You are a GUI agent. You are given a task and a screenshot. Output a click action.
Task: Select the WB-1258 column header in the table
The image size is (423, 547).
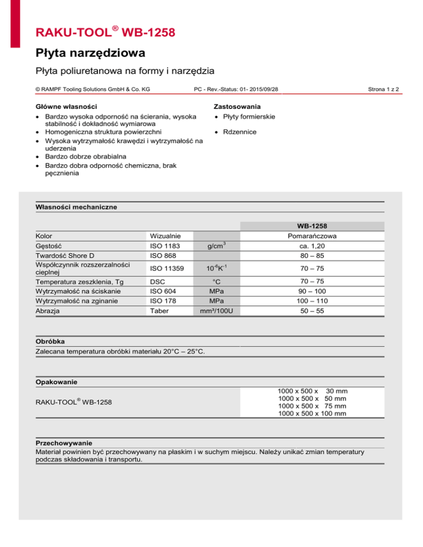(312, 226)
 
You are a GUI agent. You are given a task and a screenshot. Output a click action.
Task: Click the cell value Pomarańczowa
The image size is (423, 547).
(312, 236)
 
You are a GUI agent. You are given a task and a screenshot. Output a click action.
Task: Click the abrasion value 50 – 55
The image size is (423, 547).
(312, 310)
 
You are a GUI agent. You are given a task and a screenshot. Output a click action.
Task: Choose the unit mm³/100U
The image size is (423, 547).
(218, 310)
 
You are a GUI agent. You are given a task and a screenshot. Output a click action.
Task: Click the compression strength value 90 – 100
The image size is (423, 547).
(312, 291)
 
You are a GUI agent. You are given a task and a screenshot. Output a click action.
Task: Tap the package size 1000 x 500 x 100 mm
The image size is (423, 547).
(312, 413)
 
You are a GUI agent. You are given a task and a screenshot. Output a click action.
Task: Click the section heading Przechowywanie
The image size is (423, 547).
(63, 442)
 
